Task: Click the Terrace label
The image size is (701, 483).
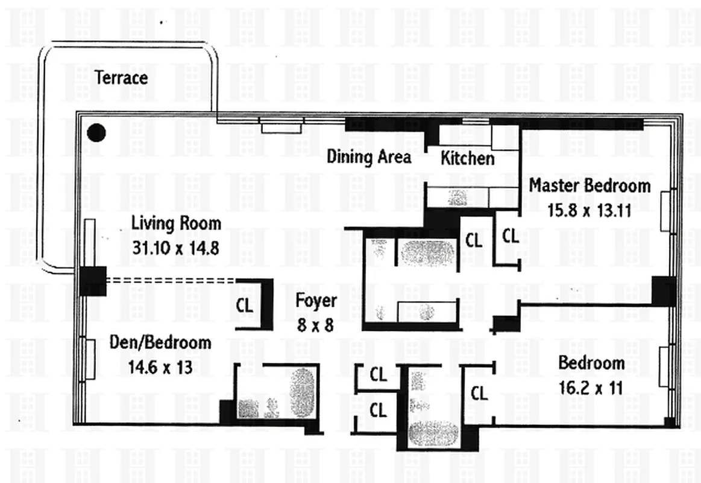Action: tap(121, 78)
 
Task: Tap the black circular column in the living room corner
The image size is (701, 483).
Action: tap(96, 133)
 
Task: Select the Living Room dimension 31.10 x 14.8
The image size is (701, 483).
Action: tap(176, 248)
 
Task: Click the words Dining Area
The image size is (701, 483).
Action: tap(369, 158)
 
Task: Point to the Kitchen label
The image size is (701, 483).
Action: tap(468, 159)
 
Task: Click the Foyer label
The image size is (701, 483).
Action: tap(316, 301)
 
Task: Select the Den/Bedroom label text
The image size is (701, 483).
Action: tap(160, 343)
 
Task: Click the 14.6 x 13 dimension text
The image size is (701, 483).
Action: tap(160, 367)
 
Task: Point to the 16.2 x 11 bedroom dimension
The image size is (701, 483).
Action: tap(591, 388)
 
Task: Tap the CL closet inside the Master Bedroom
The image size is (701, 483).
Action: tap(511, 236)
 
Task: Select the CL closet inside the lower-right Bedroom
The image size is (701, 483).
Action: tap(479, 394)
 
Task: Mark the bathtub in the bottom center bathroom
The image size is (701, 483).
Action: tap(433, 433)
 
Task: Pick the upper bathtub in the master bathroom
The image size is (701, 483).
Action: tap(426, 253)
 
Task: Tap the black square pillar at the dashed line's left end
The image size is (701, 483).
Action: tap(93, 281)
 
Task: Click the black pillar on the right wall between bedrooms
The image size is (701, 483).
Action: tap(664, 291)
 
